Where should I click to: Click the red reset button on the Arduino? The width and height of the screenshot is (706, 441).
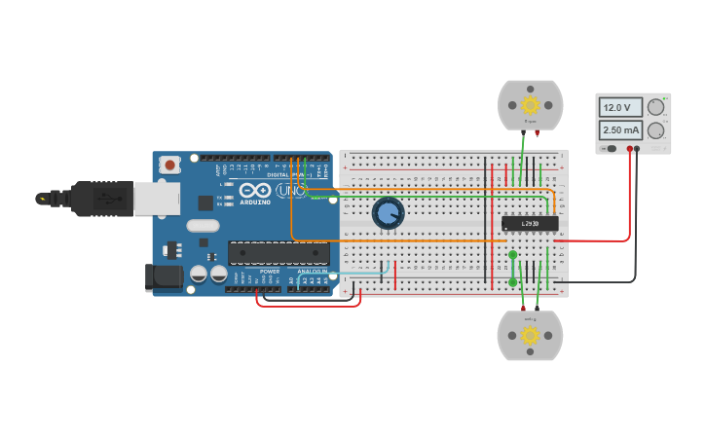171,165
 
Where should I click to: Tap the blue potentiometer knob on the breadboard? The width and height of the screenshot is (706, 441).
388,213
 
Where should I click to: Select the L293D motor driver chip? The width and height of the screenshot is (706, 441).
530,224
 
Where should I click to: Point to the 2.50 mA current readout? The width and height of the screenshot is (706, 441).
619,129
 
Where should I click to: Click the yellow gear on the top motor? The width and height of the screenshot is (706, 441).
530,104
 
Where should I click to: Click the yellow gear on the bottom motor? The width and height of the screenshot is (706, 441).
530,335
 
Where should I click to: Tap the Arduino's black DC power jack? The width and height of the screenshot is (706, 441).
163,276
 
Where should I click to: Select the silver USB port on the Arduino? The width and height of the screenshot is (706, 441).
155,199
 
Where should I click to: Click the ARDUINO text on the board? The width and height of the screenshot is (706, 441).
255,202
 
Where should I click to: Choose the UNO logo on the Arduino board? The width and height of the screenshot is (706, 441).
289,191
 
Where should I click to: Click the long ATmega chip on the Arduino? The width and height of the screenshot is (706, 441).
279,252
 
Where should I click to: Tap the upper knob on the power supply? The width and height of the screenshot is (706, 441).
656,108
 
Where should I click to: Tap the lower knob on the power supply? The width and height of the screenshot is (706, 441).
656,130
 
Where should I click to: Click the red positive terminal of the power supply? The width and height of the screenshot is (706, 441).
630,149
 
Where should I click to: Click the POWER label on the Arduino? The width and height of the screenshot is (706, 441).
270,272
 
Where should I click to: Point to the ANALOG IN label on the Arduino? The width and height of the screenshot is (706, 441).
312,272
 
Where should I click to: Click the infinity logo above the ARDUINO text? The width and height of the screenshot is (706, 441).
255,190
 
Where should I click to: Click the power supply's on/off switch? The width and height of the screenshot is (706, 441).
610,149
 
